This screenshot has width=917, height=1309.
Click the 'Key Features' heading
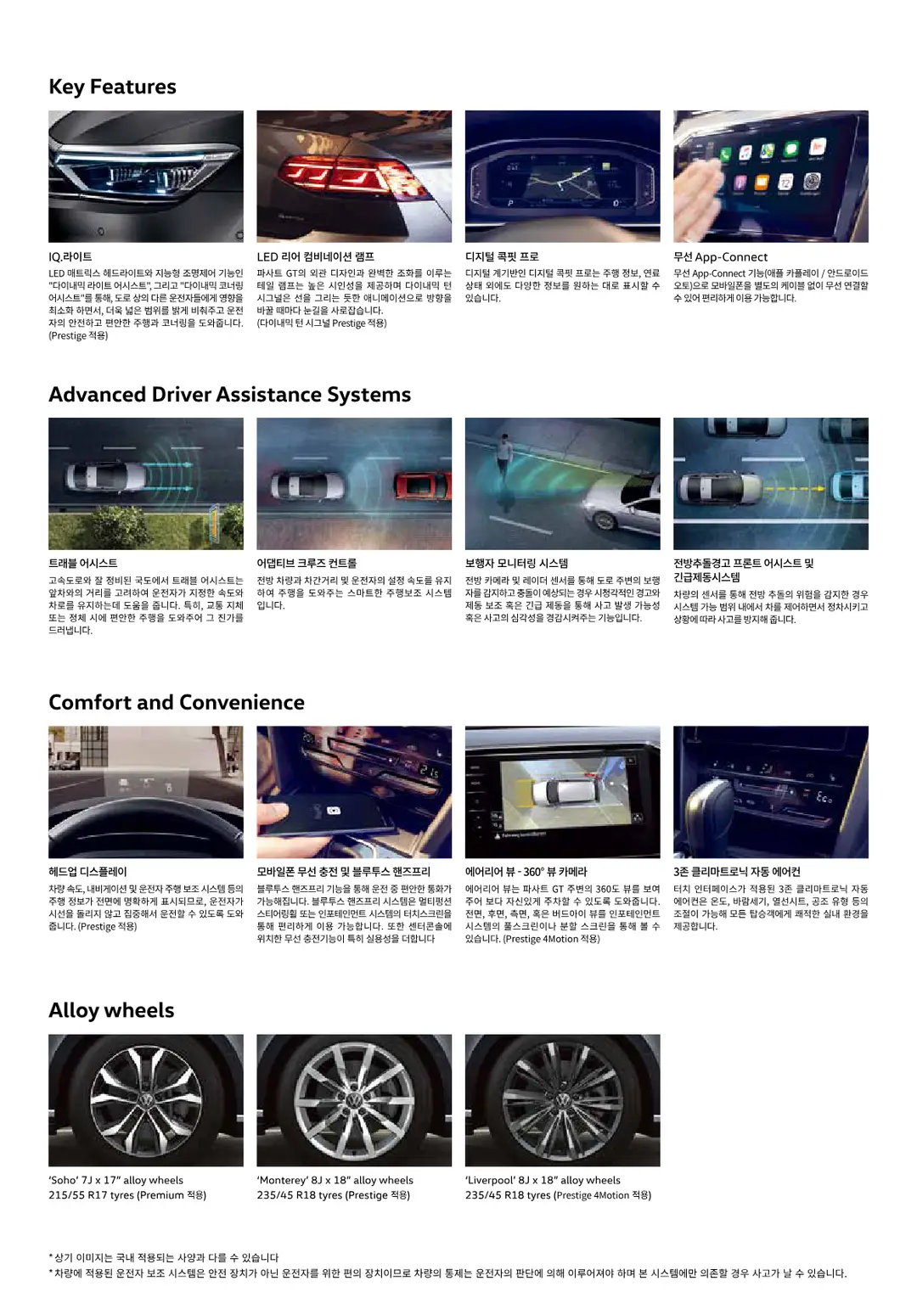(x=112, y=87)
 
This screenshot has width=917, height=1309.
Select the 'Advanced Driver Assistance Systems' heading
(x=230, y=395)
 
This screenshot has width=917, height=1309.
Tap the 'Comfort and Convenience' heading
(x=177, y=702)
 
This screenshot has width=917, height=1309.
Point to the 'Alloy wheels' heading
(x=111, y=1010)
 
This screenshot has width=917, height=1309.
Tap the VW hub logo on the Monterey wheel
(x=354, y=1101)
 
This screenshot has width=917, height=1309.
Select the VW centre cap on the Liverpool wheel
(x=562, y=1102)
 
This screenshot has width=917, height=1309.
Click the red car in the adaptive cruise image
(x=423, y=486)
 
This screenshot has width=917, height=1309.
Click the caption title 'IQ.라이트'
(x=70, y=256)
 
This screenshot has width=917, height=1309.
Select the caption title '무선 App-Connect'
(x=721, y=257)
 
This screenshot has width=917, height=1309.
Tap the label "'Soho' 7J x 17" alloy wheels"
(x=115, y=1180)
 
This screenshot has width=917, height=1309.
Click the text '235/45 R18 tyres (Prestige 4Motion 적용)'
(x=558, y=1195)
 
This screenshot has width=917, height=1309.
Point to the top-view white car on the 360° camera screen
(x=560, y=791)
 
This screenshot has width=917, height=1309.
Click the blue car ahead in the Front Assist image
(x=850, y=488)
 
